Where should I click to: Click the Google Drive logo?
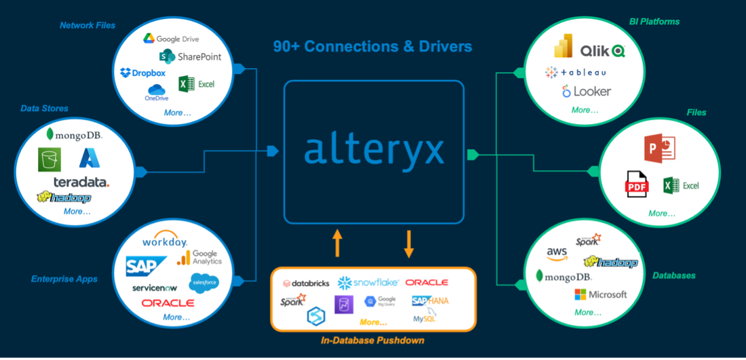[171, 39]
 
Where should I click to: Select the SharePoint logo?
[190, 56]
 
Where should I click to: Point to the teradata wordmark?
[81, 182]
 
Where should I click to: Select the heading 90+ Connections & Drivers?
[372, 47]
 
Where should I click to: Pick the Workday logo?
[164, 242]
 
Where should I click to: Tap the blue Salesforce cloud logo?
[203, 281]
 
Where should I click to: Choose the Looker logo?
[586, 91]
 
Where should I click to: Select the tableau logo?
[575, 72]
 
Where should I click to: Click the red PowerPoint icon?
[659, 148]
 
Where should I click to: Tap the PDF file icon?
[637, 184]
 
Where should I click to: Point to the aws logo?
[557, 253]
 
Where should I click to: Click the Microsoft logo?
[600, 294]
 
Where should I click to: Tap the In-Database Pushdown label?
[372, 340]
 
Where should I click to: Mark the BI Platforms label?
[655, 22]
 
